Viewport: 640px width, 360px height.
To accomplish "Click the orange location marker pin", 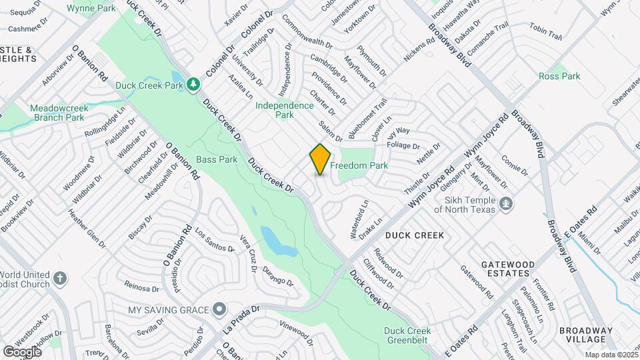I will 320,159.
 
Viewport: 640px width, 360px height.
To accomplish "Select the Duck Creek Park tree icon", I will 193,84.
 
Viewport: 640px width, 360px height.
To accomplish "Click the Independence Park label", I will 285,110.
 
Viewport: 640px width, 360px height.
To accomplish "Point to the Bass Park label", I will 217,160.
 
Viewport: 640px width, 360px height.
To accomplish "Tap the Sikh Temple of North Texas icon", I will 506,203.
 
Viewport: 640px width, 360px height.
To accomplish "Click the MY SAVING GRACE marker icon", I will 219,310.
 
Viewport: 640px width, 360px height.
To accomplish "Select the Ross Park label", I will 559,76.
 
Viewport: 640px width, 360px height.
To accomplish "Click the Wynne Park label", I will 91,8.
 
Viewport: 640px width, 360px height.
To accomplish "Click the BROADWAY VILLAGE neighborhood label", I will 585,335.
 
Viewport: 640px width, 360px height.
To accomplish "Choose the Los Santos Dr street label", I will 215,240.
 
